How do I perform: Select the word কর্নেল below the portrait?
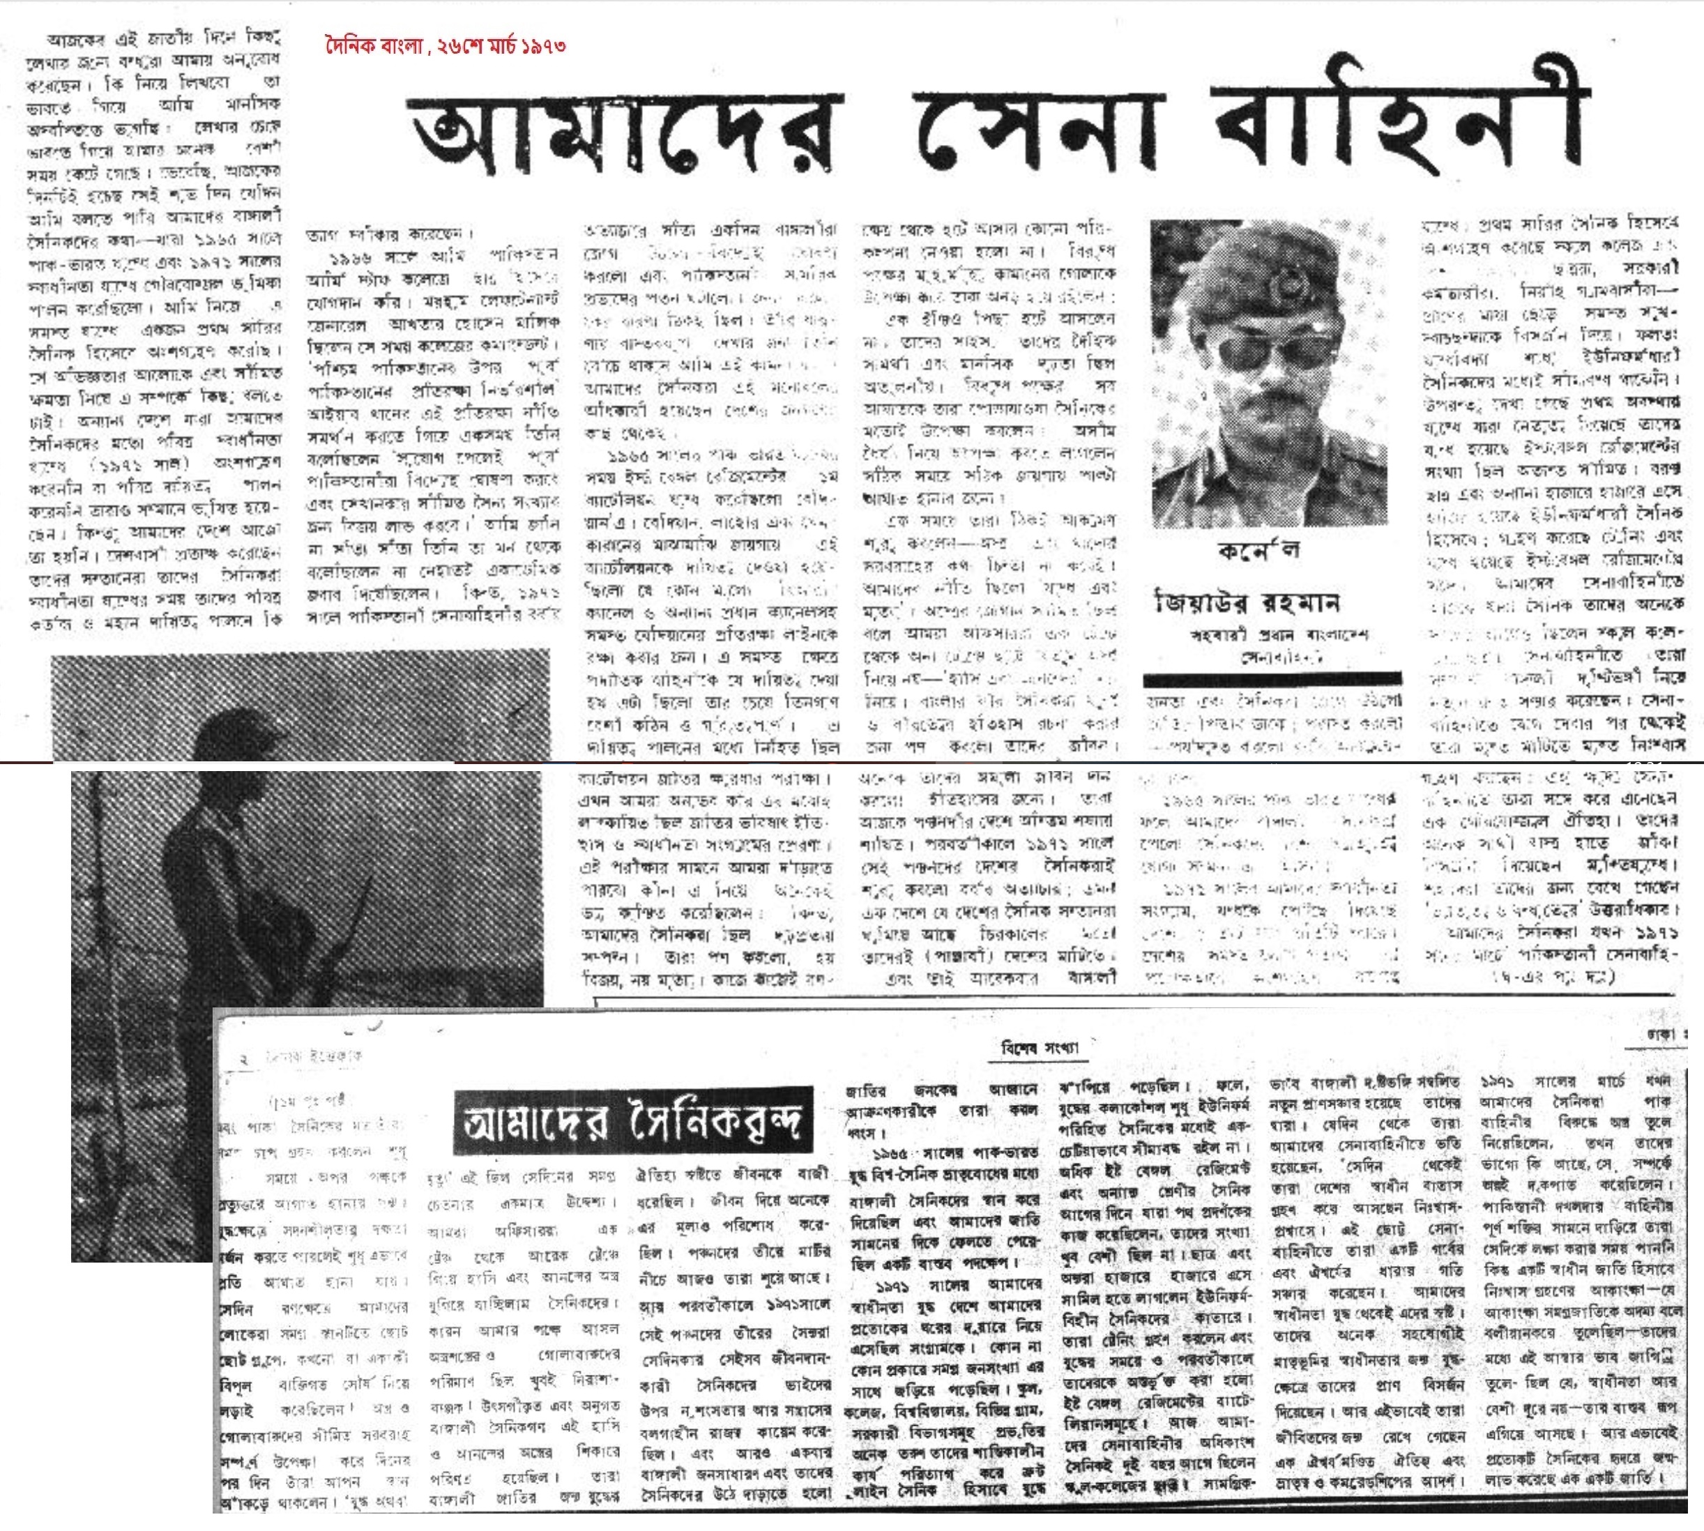click(x=1257, y=551)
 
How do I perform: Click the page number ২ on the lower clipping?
click(x=244, y=1059)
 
